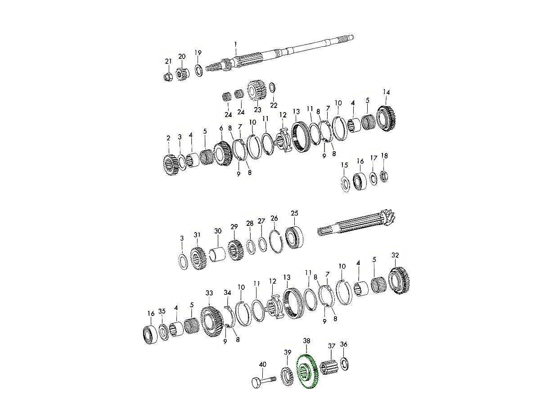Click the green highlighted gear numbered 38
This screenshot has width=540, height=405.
pyautogui.click(x=308, y=372)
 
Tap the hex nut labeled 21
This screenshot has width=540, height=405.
pyautogui.click(x=167, y=77)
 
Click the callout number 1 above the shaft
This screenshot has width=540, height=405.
pyautogui.click(x=235, y=44)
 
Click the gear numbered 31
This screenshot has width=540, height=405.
pyautogui.click(x=198, y=258)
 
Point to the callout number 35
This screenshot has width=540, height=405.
pyautogui.click(x=162, y=311)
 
